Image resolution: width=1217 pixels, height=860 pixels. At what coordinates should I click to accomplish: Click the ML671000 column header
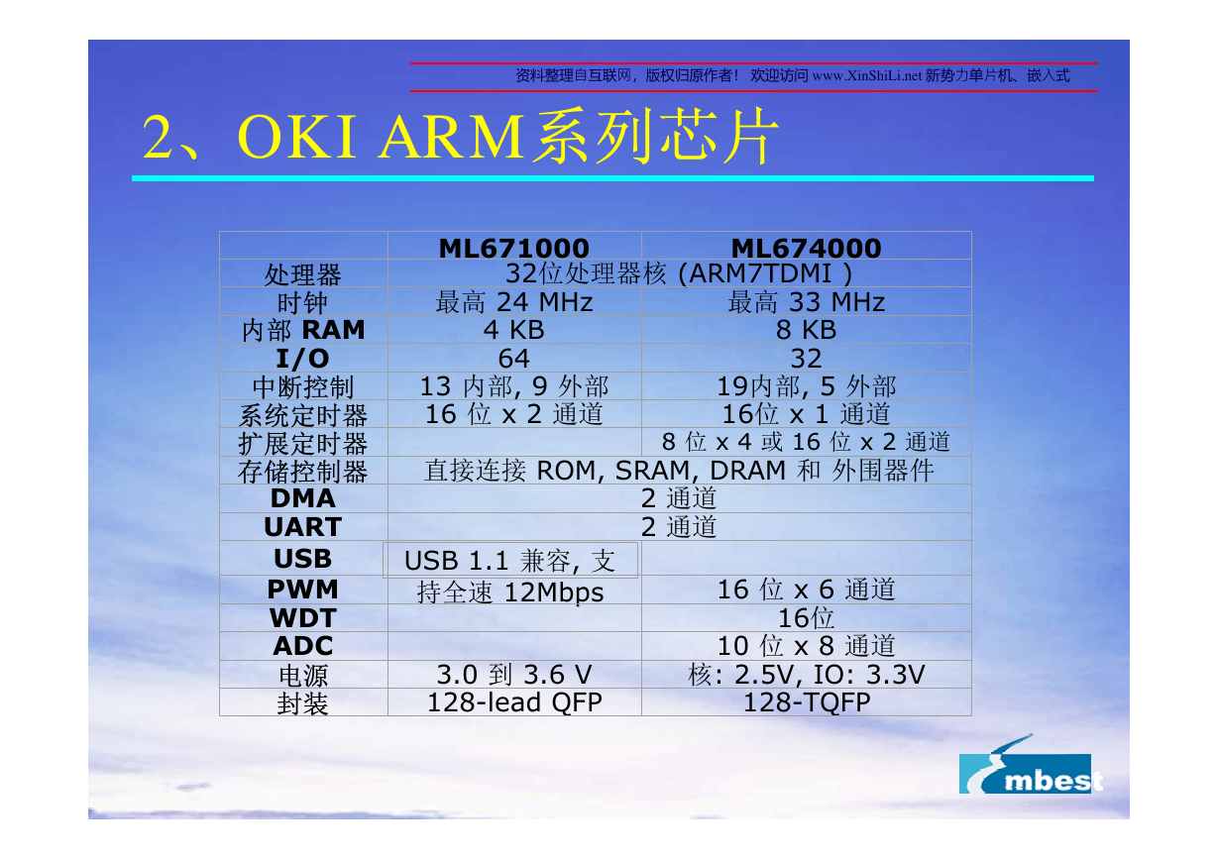point(514,249)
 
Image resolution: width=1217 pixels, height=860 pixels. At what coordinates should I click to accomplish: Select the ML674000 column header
point(807,249)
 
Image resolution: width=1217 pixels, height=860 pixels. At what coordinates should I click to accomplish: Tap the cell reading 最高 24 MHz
point(514,302)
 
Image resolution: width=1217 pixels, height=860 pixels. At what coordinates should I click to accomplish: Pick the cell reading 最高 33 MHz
point(807,302)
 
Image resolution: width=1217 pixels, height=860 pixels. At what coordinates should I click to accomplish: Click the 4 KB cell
point(514,330)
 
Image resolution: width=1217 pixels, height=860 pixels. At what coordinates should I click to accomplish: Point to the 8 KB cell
point(807,330)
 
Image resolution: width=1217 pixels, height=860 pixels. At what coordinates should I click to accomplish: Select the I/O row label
point(302,359)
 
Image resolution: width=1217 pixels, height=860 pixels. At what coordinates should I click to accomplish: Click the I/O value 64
point(514,359)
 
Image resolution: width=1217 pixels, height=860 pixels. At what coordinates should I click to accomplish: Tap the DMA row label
point(302,498)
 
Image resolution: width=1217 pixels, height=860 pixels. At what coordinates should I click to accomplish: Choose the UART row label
point(302,527)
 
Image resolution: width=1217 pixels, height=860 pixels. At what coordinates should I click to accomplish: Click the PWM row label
point(302,590)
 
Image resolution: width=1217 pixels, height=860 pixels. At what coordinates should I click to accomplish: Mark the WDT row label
point(302,617)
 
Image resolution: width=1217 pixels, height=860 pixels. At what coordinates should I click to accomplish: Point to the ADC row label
point(302,646)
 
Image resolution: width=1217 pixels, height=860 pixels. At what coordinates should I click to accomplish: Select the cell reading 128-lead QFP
point(514,702)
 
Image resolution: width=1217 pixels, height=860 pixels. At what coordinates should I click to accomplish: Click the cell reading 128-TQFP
point(807,702)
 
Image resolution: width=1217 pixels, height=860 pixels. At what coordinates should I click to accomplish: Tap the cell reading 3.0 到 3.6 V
point(514,674)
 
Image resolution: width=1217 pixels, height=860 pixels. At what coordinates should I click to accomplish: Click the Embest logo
point(1029,765)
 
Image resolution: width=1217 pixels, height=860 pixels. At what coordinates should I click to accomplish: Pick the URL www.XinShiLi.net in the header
point(866,75)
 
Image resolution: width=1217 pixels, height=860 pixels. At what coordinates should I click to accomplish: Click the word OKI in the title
point(296,137)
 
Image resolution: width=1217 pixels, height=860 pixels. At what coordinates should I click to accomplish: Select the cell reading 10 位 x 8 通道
point(807,646)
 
